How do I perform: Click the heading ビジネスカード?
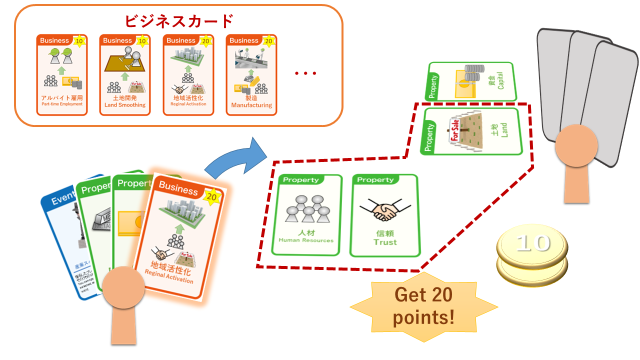coord(178,21)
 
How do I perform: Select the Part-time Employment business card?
coord(62,75)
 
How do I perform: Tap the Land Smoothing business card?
coord(125,75)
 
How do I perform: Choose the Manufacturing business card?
coord(251,75)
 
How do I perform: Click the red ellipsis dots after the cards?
coord(305,73)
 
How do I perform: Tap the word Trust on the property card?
coord(385,242)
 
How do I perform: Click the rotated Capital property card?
coord(470,81)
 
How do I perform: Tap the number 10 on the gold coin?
coord(533,243)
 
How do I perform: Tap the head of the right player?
coord(576,145)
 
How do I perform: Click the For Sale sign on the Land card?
coord(454,131)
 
